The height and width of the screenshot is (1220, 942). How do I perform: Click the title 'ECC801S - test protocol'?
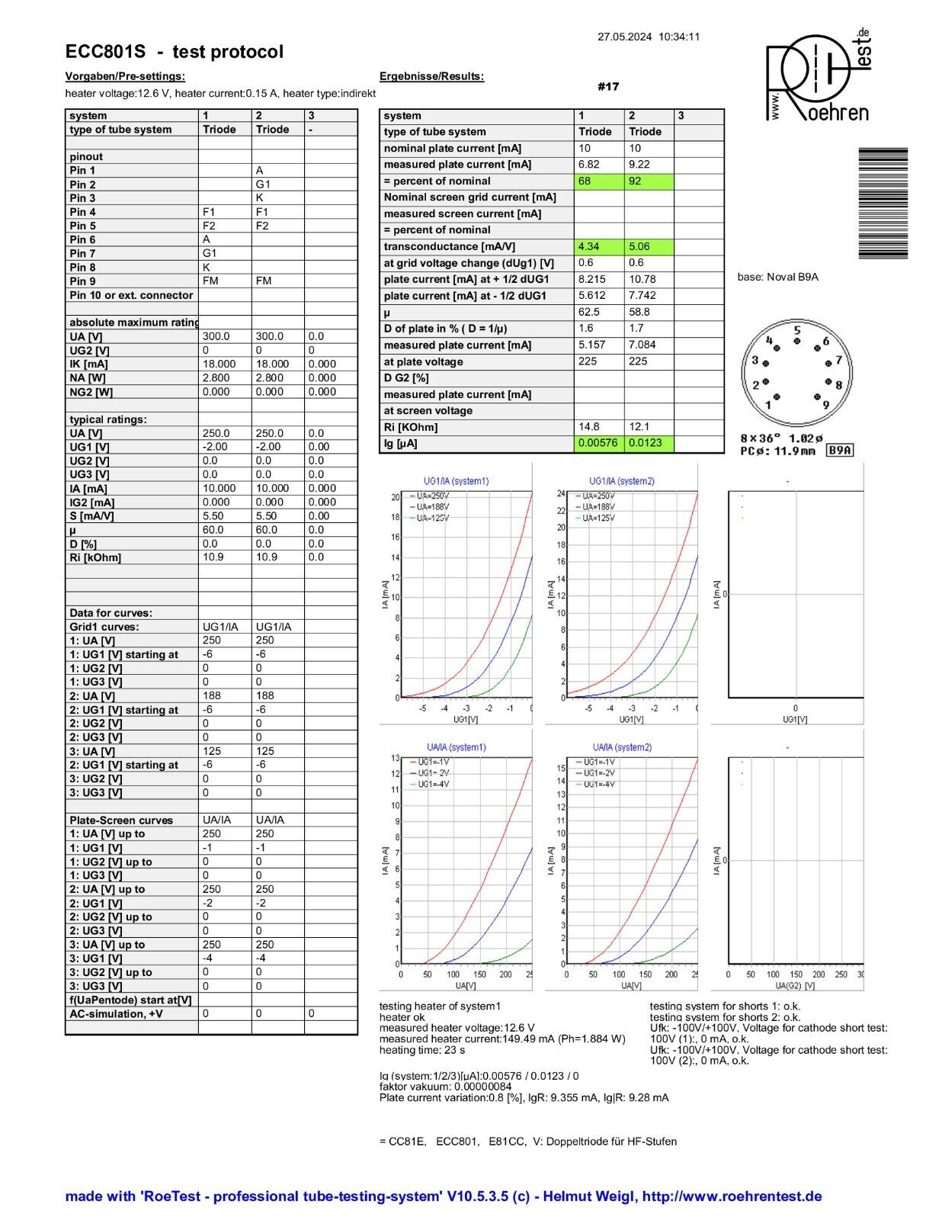coord(175,52)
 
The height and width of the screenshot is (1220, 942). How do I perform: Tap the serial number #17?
coord(608,87)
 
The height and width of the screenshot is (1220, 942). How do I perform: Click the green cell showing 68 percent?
coord(598,181)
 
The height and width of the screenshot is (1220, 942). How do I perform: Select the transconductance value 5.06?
coord(648,247)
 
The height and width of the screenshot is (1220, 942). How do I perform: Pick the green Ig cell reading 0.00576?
coord(598,444)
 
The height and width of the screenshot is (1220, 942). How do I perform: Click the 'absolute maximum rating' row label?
coord(134,323)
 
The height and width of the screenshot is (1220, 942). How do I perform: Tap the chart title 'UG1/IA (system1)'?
coord(456,481)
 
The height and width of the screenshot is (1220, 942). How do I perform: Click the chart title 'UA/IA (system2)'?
coord(622,747)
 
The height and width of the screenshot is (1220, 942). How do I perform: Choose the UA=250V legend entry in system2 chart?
coord(596,496)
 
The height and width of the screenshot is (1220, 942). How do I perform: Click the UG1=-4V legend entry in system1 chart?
coord(433,784)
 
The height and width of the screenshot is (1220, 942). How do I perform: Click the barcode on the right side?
coord(883,203)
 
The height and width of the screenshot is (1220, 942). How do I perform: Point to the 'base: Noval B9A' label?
coord(777,277)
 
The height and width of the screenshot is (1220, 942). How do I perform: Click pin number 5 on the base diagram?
coord(796,331)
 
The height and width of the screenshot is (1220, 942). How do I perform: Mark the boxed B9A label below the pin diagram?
coord(840,451)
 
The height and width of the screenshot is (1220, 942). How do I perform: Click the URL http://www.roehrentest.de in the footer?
coord(732,1196)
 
